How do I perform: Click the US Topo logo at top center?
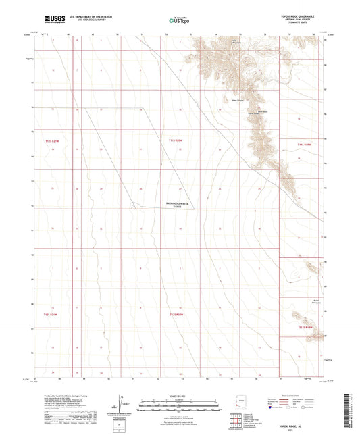(178, 21)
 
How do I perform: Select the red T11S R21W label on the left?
(52, 140)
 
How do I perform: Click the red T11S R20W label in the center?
(176, 140)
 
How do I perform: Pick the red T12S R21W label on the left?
(52, 314)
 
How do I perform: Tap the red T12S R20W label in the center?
(176, 314)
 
